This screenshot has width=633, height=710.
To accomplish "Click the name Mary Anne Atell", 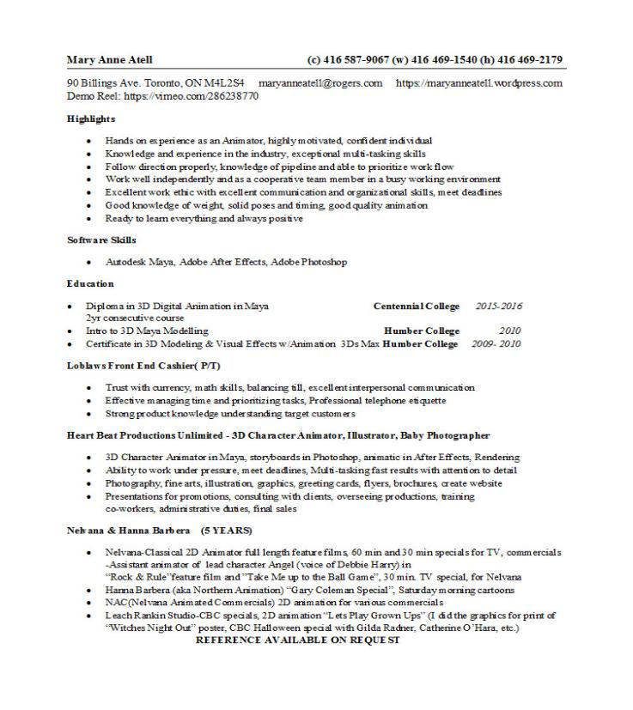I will (x=109, y=60).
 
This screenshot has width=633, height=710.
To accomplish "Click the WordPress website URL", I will (x=478, y=83).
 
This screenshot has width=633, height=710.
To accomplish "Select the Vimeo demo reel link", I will (x=191, y=96).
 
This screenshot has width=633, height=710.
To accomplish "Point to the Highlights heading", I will (x=91, y=119).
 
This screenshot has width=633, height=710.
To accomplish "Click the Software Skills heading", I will (x=101, y=240).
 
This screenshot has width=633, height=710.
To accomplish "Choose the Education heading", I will (x=90, y=283).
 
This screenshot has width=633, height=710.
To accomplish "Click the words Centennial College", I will (x=416, y=306).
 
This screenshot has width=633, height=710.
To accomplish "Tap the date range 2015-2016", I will (x=498, y=306).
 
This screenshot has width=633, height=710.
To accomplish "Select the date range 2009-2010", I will (x=496, y=344).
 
